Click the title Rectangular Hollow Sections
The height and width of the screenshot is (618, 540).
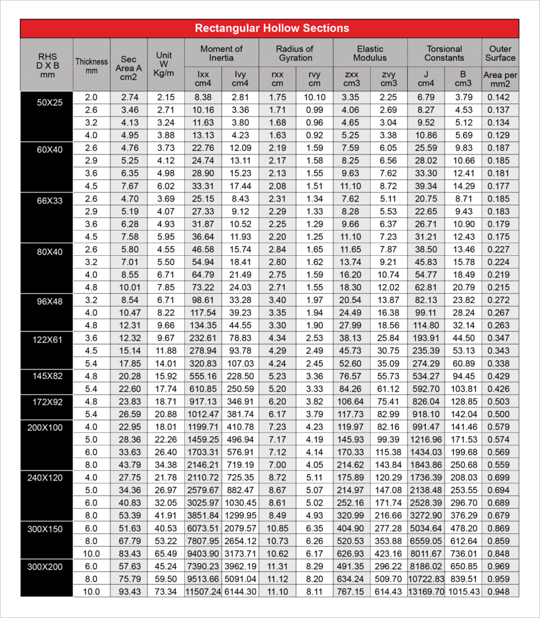pyautogui.click(x=271, y=28)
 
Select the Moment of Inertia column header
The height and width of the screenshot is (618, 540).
pyautogui.click(x=221, y=53)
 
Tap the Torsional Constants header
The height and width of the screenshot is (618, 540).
pyautogui.click(x=444, y=53)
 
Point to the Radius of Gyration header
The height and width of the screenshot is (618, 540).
pyautogui.click(x=295, y=53)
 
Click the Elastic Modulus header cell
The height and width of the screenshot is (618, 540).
pyautogui.click(x=370, y=53)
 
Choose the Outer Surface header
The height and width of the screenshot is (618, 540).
pyautogui.click(x=500, y=53)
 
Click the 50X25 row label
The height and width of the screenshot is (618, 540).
pyautogui.click(x=47, y=103)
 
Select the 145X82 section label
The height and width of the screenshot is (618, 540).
pyautogui.click(x=47, y=376)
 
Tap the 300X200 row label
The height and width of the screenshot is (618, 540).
pyautogui.click(x=47, y=566)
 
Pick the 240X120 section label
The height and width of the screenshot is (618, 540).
pyautogui.click(x=47, y=477)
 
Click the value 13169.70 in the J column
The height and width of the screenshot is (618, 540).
pyautogui.click(x=426, y=591)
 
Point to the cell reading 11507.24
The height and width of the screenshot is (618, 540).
pyautogui.click(x=203, y=591)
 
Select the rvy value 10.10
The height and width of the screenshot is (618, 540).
pyautogui.click(x=314, y=97)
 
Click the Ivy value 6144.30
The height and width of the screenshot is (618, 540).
pyautogui.click(x=240, y=591)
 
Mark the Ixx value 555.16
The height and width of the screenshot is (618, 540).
pyautogui.click(x=203, y=375)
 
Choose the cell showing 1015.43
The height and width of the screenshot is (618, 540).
pyautogui.click(x=464, y=591)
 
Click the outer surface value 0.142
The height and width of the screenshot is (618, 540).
pyautogui.click(x=500, y=97)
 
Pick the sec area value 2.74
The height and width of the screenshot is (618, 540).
pyautogui.click(x=129, y=97)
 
